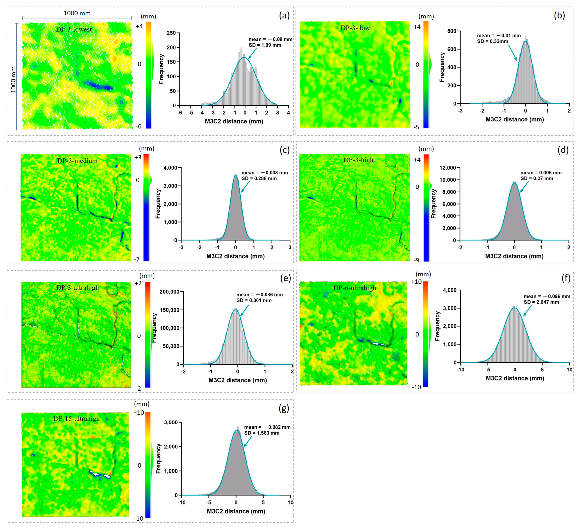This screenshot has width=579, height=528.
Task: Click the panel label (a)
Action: (284, 15)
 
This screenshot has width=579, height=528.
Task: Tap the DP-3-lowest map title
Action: (74, 29)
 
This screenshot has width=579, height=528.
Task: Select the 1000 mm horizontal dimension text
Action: (77, 13)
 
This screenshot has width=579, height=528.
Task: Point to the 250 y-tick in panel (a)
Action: (171, 33)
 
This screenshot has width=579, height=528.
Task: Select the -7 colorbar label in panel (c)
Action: (137, 259)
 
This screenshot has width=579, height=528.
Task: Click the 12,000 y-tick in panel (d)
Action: (448, 168)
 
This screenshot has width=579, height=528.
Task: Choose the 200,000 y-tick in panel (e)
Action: (169, 292)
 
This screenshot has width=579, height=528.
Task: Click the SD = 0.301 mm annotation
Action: (254, 300)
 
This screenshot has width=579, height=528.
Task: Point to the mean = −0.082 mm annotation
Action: (267, 427)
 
